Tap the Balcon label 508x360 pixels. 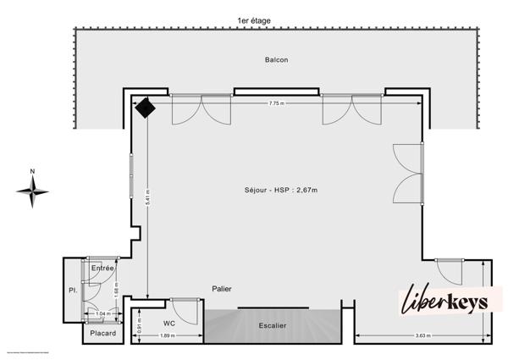tap(275, 60)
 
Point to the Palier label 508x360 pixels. tap(221, 289)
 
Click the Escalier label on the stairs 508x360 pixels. tap(272, 324)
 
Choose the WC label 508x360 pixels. tap(169, 323)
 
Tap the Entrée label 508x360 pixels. tap(102, 268)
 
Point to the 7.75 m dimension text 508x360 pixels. tap(276, 103)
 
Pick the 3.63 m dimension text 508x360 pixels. tap(422, 336)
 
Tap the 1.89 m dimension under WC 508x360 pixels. tap(168, 336)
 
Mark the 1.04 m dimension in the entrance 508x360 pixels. tap(102, 314)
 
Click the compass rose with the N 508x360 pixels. tap(32, 191)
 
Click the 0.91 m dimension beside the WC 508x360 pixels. tap(140, 324)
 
